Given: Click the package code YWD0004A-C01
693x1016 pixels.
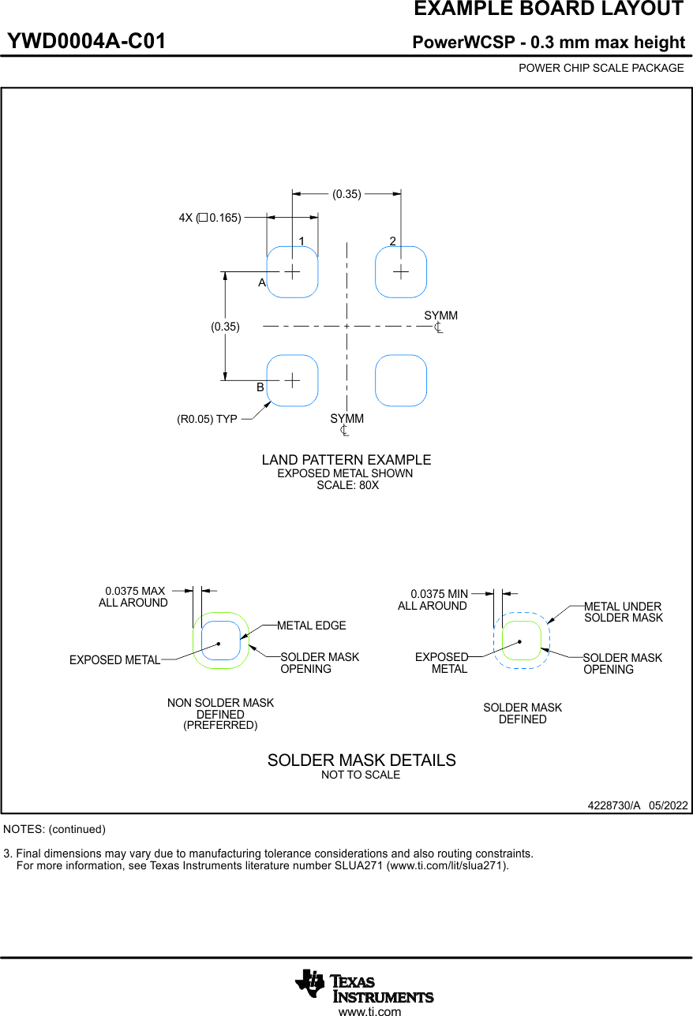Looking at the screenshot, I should (87, 42).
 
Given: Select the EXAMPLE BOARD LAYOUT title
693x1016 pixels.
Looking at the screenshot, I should (549, 9).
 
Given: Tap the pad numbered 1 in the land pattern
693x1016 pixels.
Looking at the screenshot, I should (292, 271).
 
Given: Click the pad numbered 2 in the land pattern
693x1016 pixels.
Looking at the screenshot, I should (401, 271).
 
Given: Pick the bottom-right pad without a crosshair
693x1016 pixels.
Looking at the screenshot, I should (401, 380).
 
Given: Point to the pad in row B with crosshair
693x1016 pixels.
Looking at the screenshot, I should (292, 380).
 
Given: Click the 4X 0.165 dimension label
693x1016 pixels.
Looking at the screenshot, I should (209, 218).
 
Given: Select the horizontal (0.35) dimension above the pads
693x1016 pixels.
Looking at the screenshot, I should (346, 194).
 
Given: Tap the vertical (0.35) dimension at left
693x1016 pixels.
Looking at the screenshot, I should (225, 326).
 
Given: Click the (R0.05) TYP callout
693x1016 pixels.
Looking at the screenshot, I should (207, 420).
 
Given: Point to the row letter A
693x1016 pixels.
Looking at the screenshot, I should (261, 282).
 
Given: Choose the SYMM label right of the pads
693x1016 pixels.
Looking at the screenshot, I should (440, 316).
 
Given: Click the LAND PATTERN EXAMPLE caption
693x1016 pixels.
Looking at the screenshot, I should (346, 460).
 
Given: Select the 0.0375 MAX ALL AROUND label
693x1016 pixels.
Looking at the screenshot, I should (134, 596).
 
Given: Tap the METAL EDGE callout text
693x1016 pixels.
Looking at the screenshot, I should (312, 626).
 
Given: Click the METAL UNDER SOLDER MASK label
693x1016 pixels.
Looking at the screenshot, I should (623, 612).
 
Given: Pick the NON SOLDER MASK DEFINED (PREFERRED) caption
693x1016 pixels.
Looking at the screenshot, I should (220, 714).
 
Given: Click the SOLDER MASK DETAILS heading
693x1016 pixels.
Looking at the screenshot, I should (361, 760).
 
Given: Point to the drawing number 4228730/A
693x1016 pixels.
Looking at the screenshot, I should (613, 805).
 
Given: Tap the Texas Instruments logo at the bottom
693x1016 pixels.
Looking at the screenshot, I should (364, 986).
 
